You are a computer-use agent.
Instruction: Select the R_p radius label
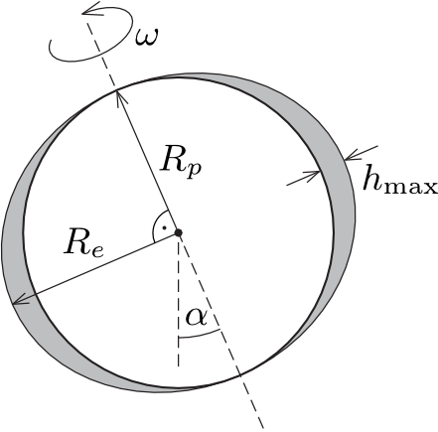tap(181, 164)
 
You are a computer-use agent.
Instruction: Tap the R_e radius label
tap(84, 243)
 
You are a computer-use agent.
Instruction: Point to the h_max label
tap(400, 181)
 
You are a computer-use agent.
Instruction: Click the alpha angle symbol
tap(197, 317)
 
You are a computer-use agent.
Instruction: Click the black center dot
tap(179, 232)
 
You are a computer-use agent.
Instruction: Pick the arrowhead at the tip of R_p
tap(118, 95)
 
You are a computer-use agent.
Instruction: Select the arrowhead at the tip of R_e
tap(19, 300)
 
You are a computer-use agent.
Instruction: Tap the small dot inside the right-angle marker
tap(164, 227)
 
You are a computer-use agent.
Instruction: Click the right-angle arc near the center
tap(156, 219)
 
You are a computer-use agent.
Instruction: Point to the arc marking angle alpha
tap(200, 336)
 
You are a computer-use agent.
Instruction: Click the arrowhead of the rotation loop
tap(89, 9)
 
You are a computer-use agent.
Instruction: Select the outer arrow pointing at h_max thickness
tap(361, 153)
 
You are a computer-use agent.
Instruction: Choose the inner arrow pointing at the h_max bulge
tap(303, 178)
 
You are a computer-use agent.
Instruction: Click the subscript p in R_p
tap(195, 171)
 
